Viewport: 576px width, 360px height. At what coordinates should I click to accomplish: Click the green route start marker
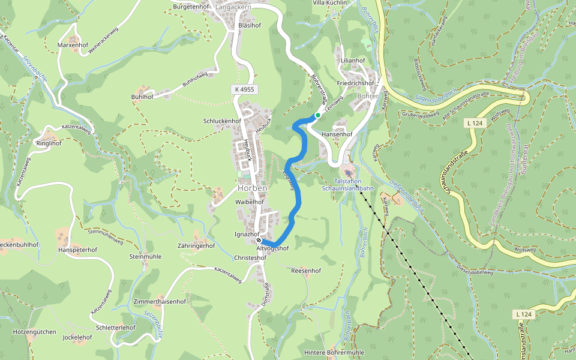tap(317, 115)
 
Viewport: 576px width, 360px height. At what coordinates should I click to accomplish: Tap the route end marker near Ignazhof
tap(259, 241)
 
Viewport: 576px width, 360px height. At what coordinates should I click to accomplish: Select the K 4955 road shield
tap(244, 89)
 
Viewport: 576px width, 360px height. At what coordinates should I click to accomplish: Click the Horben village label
tap(252, 188)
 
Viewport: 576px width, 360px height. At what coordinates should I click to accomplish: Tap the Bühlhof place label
tap(142, 97)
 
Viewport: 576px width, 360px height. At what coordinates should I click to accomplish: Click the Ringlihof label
tap(49, 144)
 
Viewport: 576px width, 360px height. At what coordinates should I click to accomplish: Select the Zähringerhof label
tap(197, 246)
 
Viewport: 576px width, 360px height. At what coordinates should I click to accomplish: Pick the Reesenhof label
tap(306, 271)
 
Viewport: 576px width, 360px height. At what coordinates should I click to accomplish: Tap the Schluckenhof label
tap(222, 121)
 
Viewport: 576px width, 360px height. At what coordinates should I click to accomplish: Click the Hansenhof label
tap(337, 134)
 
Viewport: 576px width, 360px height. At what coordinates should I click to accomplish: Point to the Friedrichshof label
tap(355, 83)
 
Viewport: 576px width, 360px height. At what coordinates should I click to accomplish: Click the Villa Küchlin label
tap(330, 3)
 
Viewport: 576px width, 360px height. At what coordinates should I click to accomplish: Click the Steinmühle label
tap(145, 257)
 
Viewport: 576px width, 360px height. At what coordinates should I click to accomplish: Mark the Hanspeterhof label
tap(78, 249)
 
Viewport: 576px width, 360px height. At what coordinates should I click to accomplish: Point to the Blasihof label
tap(250, 26)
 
